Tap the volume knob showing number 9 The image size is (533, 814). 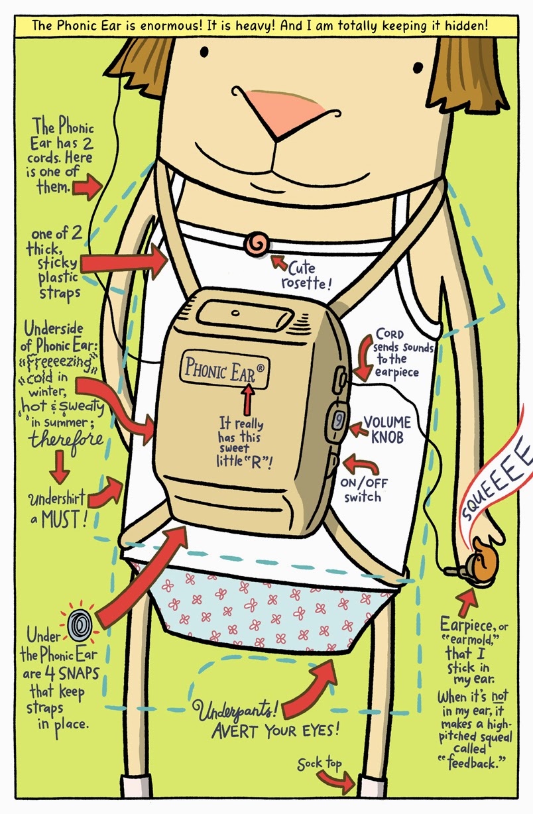point(337,420)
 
